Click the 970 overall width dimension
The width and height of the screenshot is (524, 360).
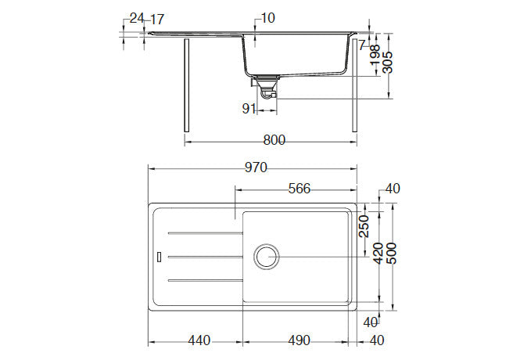coord(257,167)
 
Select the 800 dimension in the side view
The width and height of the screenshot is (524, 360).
coord(274,140)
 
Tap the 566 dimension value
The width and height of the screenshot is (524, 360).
coord(300,188)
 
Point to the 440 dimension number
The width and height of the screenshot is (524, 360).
coord(200,340)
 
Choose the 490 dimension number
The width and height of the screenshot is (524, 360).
coord(299,340)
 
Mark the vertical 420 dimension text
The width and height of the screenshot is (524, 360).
coord(377,253)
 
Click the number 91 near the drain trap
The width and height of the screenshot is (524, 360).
coord(249,109)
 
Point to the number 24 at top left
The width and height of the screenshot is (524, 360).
coord(137,18)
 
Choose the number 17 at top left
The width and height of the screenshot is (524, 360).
coord(156,18)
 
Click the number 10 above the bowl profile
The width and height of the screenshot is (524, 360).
coord(268,18)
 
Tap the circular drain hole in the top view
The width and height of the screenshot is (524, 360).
coord(266,256)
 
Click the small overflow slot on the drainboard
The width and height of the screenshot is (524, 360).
coord(160,256)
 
